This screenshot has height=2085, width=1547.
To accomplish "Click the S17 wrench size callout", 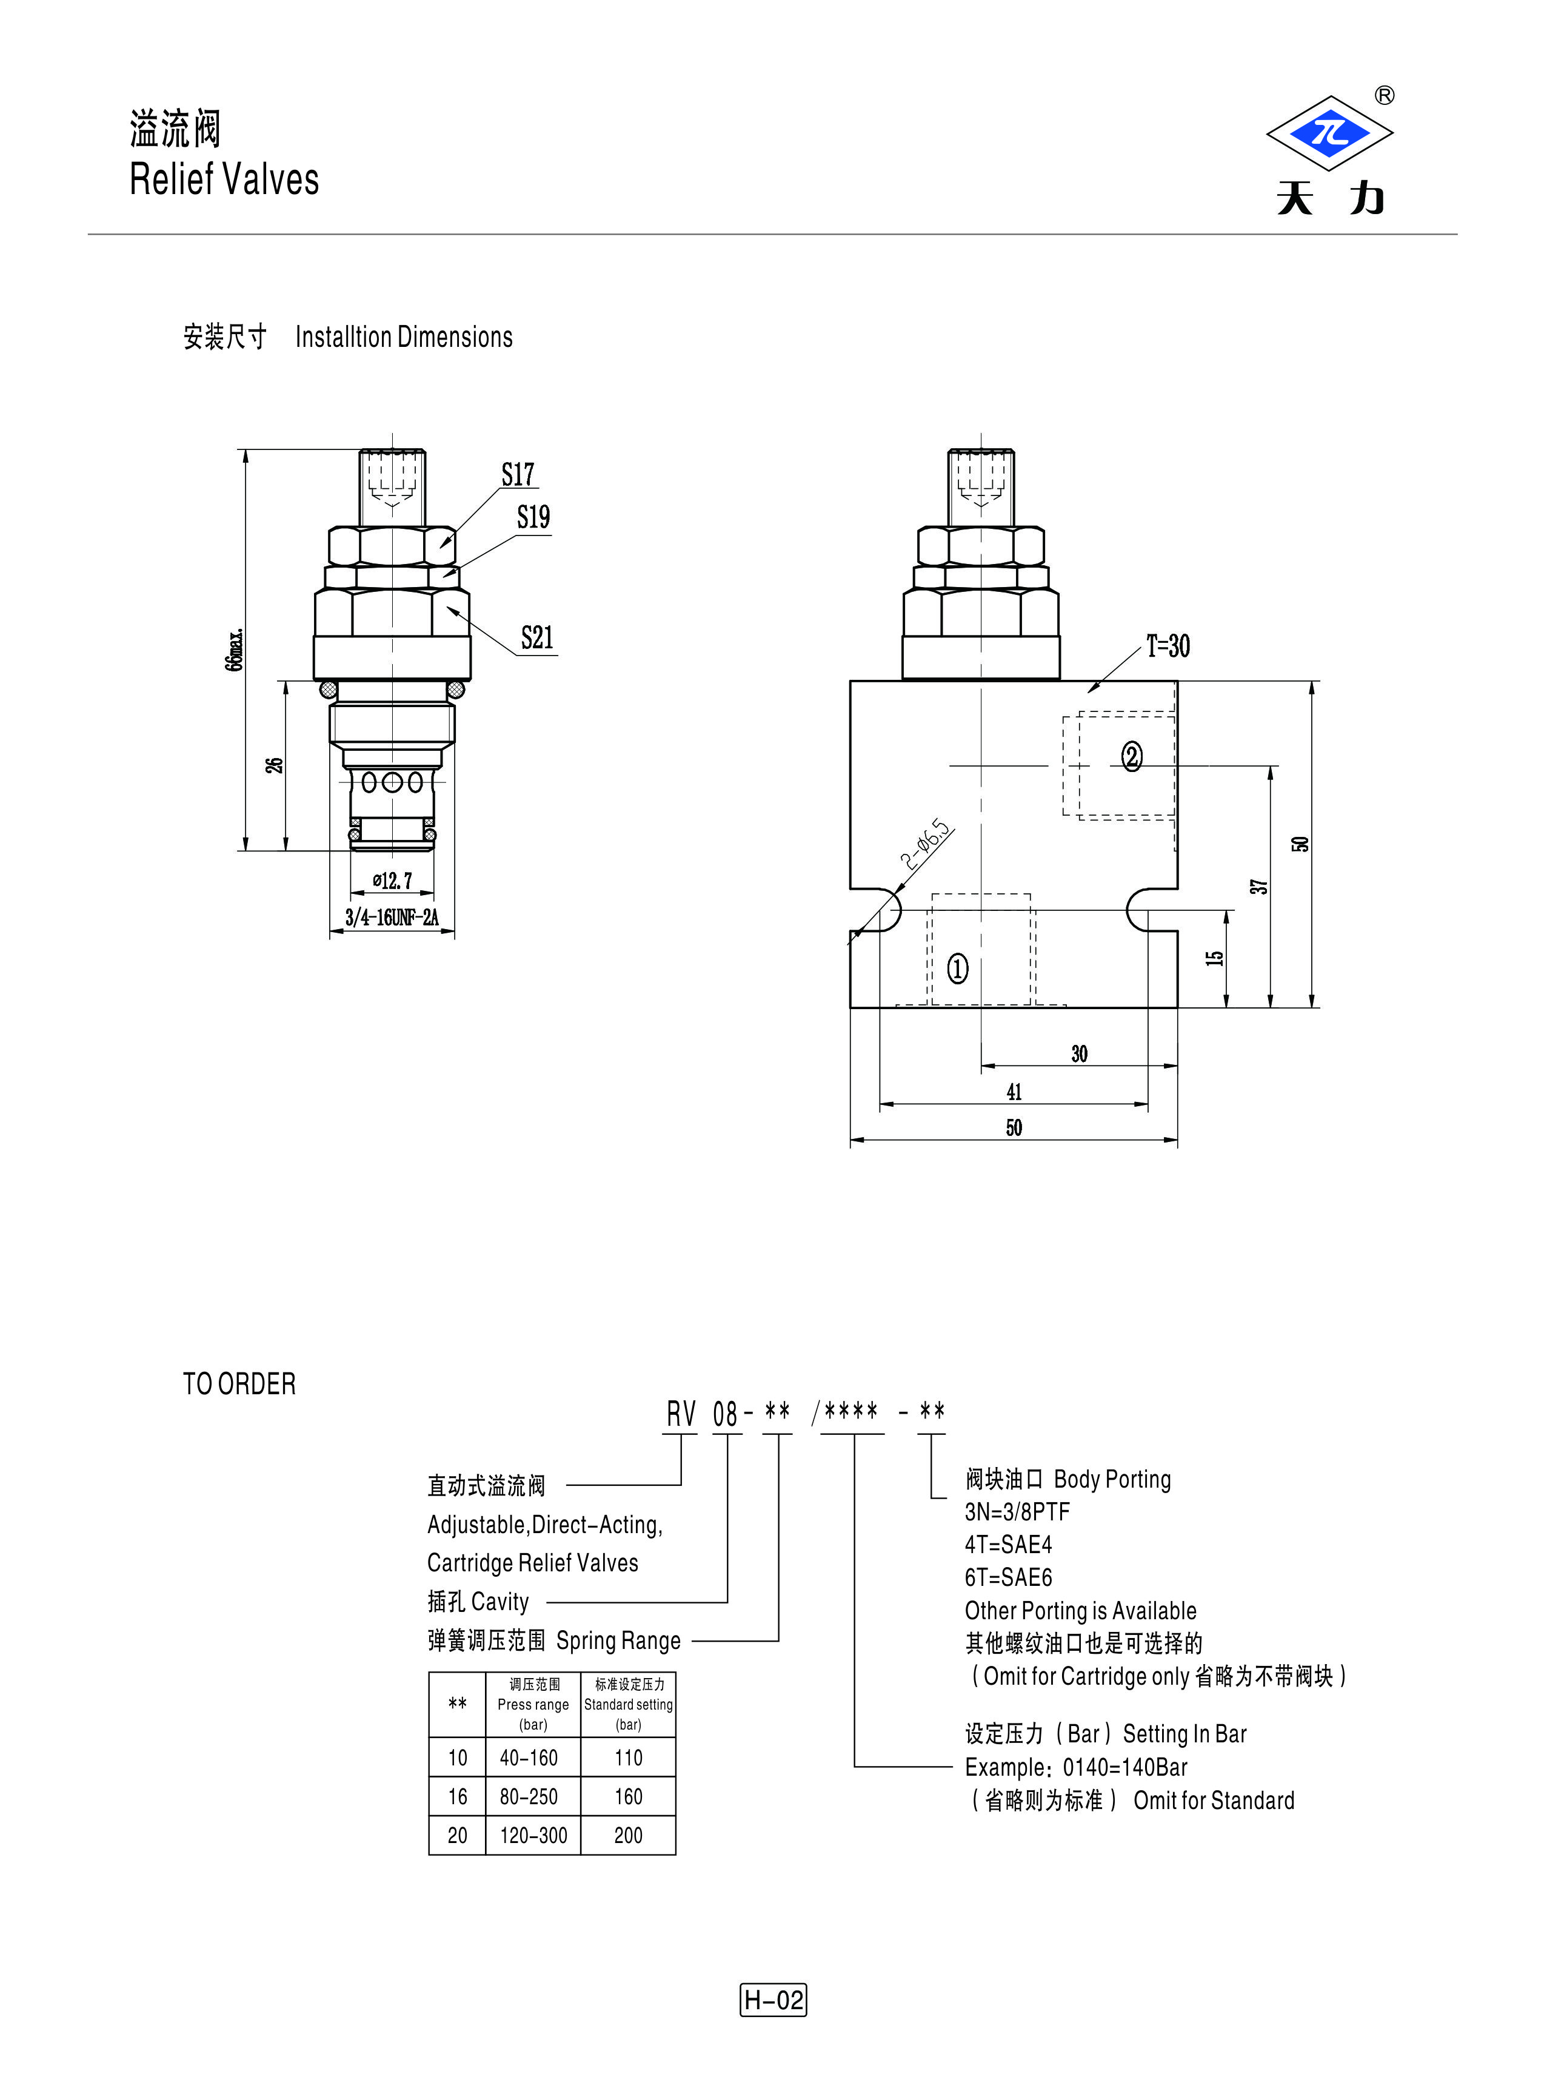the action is [518, 475].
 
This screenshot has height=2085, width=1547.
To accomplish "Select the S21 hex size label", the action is [538, 638].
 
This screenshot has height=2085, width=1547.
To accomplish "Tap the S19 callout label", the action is [534, 517].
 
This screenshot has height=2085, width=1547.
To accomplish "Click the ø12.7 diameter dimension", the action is [392, 881].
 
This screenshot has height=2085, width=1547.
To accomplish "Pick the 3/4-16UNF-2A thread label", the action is [392, 917].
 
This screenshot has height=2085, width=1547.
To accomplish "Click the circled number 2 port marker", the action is [1132, 757].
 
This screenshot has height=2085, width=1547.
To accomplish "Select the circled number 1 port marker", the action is [958, 969].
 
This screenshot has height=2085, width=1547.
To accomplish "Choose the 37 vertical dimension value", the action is [1260, 886].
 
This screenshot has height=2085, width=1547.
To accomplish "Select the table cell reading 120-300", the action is [534, 1836].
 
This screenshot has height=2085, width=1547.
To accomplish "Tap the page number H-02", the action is [773, 1999].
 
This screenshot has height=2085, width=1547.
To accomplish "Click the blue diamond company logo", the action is [1330, 133].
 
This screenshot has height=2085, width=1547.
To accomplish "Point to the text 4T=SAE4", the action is [1009, 1545].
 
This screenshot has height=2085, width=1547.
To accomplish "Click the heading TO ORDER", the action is [239, 1383].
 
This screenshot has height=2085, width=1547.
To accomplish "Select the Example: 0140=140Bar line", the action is [1076, 1767].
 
